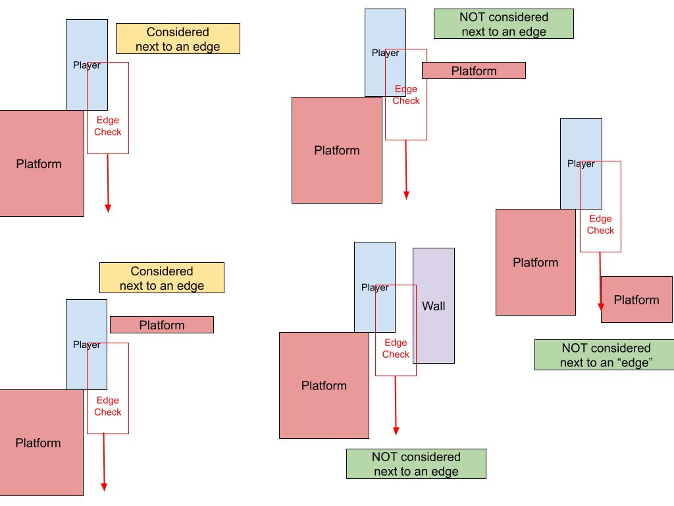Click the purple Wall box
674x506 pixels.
pos(434,306)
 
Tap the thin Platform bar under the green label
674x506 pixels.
pos(473,70)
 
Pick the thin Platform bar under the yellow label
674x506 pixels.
pos(161,325)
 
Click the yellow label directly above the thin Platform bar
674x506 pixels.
pos(162,278)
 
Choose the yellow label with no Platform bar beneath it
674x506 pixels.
pos(178,39)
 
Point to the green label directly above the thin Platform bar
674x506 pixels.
pos(504,24)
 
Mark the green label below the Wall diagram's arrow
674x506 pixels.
pos(416,464)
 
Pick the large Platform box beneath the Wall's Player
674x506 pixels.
pos(324,385)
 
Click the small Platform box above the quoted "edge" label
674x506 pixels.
pos(636,300)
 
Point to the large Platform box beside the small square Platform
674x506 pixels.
pos(535,262)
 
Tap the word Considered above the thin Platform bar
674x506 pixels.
pos(162,271)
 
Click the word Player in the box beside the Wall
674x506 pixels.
pos(375,287)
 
